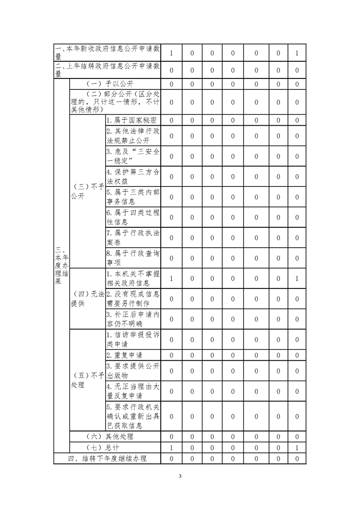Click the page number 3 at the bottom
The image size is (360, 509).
180,476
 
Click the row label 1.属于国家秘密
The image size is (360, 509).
132,120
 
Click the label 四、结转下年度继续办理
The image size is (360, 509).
108,459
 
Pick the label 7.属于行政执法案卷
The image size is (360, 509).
133,238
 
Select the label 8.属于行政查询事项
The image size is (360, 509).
133,258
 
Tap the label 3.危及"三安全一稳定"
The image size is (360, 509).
133,156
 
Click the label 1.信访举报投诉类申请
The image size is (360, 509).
133,340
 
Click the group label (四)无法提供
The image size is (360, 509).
87,299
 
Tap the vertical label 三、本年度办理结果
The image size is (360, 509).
61,265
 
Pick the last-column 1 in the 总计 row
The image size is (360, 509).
296,448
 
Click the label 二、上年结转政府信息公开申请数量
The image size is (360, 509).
108,70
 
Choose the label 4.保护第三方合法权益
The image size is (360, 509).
133,176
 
